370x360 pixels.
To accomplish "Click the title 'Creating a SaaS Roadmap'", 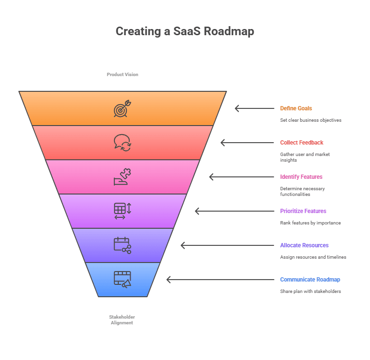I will click(x=185, y=31).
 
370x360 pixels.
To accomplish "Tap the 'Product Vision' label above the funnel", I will click(x=123, y=75).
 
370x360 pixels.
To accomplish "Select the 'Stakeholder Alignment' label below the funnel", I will click(x=122, y=320).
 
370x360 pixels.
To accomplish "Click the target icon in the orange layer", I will click(x=122, y=108).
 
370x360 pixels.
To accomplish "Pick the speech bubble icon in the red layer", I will click(x=122, y=143).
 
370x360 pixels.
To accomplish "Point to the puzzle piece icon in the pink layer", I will click(x=122, y=177).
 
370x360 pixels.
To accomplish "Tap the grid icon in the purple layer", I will click(x=122, y=211).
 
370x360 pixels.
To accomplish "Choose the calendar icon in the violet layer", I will click(x=122, y=245).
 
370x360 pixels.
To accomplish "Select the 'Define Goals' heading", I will click(x=296, y=108).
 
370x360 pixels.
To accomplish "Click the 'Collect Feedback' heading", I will click(x=302, y=143).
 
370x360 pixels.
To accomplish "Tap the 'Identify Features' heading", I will click(x=301, y=177).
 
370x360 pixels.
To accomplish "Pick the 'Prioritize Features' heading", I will click(x=303, y=211).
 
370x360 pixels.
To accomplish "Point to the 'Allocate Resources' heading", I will click(x=304, y=245).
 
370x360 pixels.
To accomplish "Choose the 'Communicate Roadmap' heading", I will click(x=310, y=280).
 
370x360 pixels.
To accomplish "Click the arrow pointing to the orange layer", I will click(x=254, y=108).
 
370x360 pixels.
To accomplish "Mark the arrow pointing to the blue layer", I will click(x=220, y=280).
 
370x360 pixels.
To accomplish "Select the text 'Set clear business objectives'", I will click(x=311, y=120).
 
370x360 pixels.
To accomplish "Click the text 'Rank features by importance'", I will click(x=310, y=223).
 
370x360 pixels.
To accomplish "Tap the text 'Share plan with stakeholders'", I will click(x=310, y=292).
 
